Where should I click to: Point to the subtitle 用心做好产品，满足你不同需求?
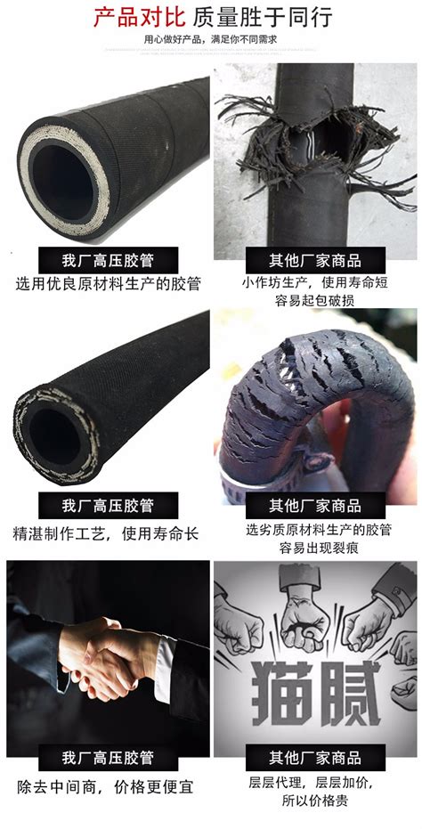tap(211, 40)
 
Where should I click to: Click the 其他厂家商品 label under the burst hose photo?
tap(315, 261)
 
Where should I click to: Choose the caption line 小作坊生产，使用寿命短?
tap(315, 283)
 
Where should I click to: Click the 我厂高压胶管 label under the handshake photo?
tap(108, 758)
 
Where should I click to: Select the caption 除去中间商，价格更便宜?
tap(104, 787)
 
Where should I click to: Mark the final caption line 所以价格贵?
tap(315, 800)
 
